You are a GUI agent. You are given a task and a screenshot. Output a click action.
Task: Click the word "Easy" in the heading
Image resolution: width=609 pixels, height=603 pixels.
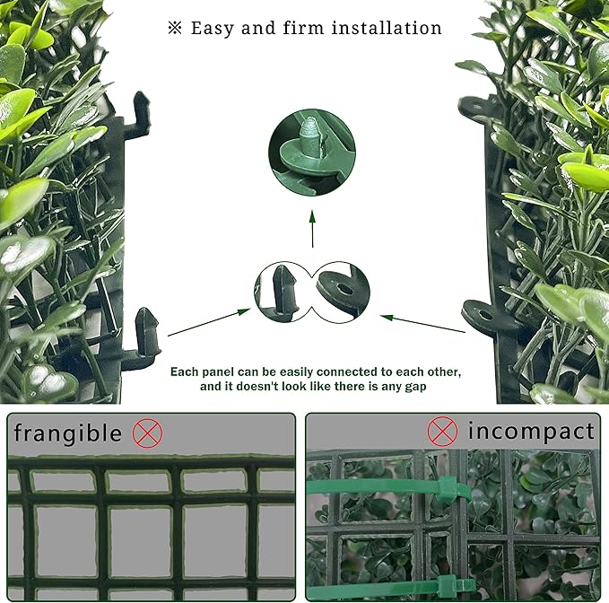[213, 28]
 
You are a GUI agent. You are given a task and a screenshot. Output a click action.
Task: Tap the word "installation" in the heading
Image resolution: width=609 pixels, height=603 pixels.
[387, 28]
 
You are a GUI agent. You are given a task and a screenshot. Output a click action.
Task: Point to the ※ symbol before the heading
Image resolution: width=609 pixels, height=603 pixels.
[174, 28]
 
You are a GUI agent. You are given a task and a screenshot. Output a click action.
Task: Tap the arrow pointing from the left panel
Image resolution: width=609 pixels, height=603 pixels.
[208, 322]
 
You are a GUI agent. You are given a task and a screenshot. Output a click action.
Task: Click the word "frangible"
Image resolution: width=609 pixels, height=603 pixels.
[67, 433]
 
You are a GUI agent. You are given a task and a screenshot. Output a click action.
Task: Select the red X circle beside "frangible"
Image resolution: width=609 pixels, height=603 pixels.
[147, 433]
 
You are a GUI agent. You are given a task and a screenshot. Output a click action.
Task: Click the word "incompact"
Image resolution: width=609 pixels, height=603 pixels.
[531, 432]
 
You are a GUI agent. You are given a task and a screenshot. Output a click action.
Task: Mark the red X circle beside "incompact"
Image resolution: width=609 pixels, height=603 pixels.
[442, 432]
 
